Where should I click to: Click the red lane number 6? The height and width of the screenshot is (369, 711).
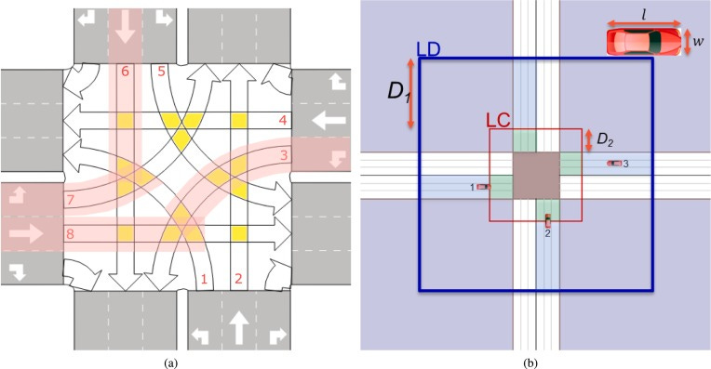[x=125, y=71]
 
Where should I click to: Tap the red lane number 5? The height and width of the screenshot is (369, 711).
[x=161, y=71]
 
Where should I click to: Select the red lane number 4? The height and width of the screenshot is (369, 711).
[x=283, y=121]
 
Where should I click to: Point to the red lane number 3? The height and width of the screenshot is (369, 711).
[x=284, y=155]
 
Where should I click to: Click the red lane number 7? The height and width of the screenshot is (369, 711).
[x=70, y=200]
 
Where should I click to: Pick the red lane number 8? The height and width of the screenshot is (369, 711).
[x=70, y=233]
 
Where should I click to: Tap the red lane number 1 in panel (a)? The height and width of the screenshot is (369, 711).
[x=204, y=279]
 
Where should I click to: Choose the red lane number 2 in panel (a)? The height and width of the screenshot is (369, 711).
[x=238, y=279]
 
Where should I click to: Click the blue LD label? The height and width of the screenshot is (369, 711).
[x=428, y=49]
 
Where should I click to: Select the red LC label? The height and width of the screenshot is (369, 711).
[x=498, y=121]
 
